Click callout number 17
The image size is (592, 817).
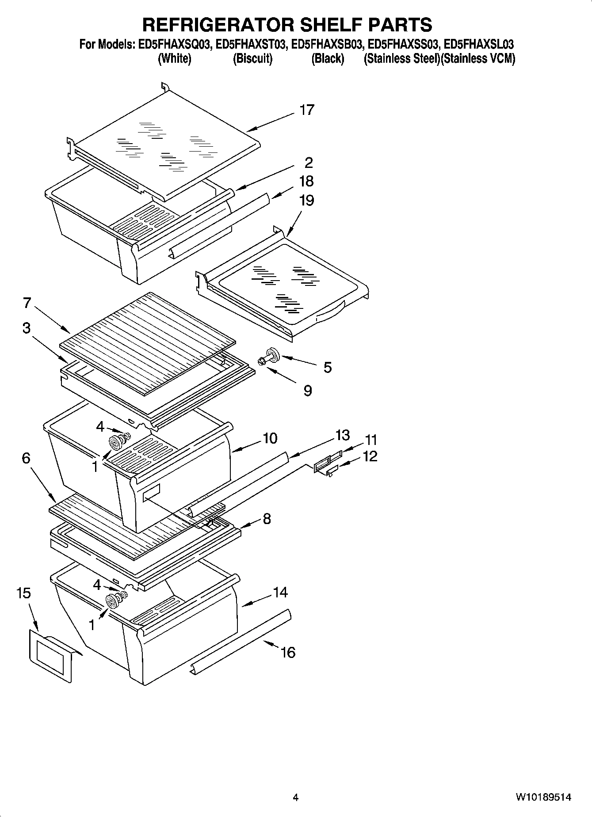coord(306,110)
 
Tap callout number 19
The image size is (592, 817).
coord(306,201)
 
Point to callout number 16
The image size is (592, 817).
coord(288,652)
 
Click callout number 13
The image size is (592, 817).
coord(342,435)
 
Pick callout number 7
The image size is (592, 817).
coord(27,303)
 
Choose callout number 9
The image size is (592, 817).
coord(308,391)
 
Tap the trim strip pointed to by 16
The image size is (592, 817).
coord(241,640)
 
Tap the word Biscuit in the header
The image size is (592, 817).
coord(252,59)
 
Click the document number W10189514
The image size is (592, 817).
coord(542,798)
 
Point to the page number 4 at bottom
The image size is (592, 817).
coord(295,798)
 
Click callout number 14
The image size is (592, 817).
coord(280,592)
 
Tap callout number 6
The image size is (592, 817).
coord(26,458)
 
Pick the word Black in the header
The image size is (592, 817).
coord(328,59)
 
